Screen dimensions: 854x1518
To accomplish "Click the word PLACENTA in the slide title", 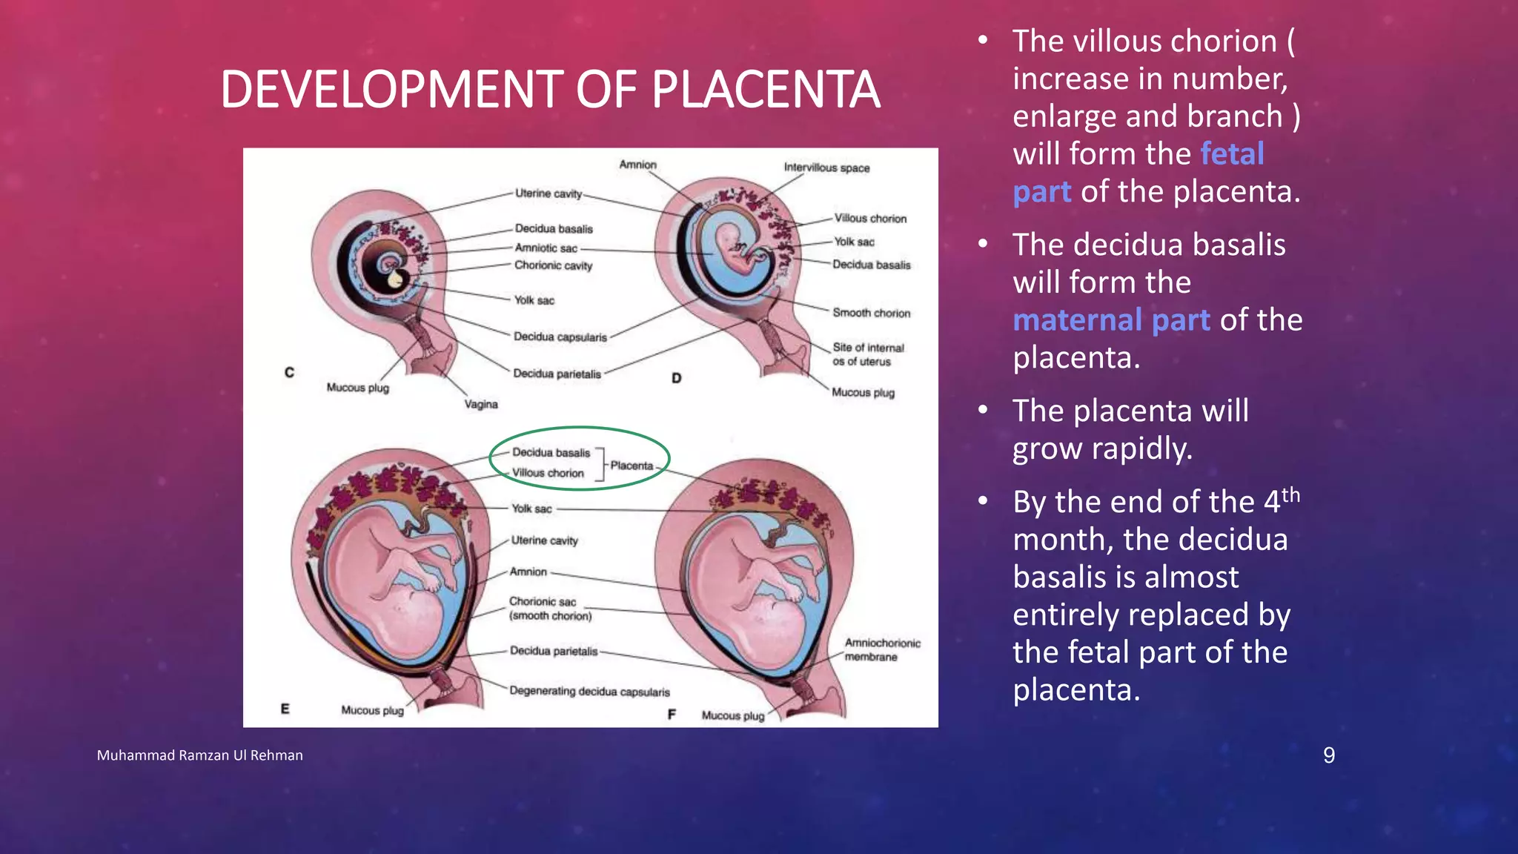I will point(765,90).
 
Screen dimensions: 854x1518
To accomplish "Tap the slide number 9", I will point(1329,755).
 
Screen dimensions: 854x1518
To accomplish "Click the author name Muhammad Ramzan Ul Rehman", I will point(199,755).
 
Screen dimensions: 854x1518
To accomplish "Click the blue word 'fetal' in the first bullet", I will point(1232,154).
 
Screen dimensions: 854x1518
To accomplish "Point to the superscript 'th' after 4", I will point(1290,494).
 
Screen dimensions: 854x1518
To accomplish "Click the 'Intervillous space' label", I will point(826,168).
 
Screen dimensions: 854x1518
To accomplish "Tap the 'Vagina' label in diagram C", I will point(481,404).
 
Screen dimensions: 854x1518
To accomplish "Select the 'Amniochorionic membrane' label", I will point(882,650).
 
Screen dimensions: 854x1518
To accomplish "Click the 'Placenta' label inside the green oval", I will point(632,466).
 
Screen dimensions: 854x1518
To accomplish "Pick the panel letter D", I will point(676,378).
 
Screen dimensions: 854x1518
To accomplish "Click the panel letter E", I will point(285,709).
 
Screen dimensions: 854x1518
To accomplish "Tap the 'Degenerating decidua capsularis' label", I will point(589,692).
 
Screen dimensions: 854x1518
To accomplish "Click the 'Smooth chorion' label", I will point(871,313).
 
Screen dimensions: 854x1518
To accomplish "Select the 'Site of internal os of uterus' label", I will point(867,354).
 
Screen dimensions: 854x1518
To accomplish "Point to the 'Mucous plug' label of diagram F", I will point(732,715).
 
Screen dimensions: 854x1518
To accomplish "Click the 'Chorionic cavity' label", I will point(553,265).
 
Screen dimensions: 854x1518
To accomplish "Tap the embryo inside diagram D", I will point(738,248).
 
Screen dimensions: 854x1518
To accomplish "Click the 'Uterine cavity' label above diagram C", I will point(548,193).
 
